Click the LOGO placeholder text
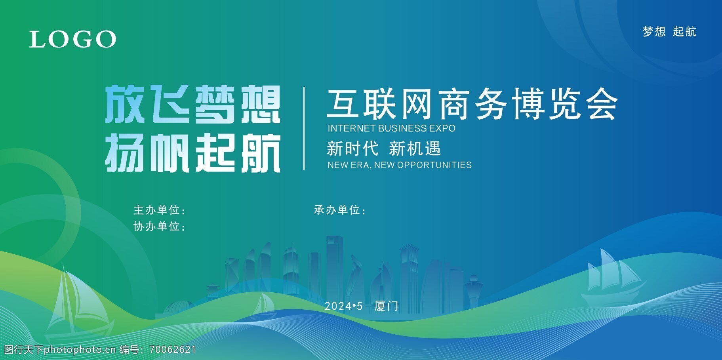73,39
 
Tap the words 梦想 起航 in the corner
669,32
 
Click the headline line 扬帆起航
192,153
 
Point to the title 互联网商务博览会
472,104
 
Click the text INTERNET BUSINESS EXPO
391,128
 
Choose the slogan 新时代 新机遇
383,149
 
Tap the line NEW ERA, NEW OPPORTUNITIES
399,165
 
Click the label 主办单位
157,210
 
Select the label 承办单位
337,210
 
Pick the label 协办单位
157,226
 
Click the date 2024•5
344,306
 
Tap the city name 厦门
386,306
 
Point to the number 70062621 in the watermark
173,350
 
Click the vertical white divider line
304,128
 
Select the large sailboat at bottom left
77,305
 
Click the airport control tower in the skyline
474,291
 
